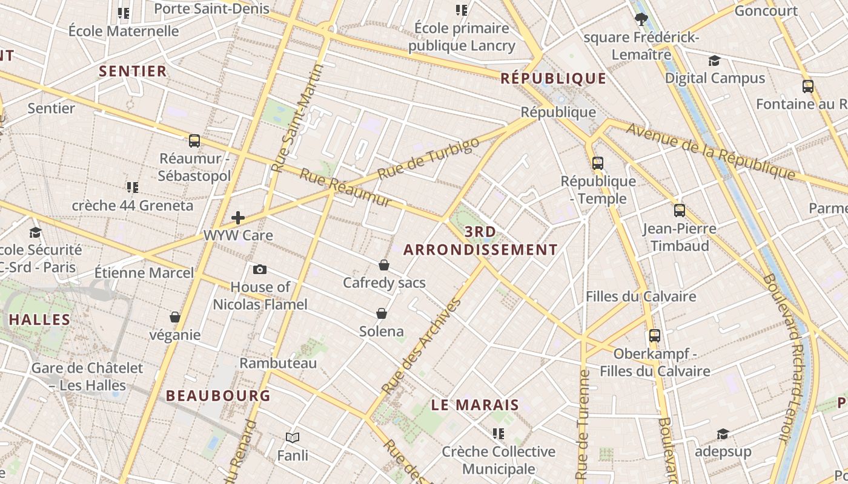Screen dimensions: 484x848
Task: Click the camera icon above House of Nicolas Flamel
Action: (260, 269)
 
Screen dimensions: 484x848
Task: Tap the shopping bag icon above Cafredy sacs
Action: (384, 265)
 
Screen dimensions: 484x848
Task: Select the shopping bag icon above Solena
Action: (382, 313)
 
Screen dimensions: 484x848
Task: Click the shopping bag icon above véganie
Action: (175, 317)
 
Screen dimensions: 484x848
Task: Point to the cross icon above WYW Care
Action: (238, 218)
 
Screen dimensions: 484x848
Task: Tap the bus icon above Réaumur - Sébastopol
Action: (194, 141)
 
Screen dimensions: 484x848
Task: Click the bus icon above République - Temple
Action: (598, 163)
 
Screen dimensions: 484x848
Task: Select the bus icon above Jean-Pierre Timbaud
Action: (680, 211)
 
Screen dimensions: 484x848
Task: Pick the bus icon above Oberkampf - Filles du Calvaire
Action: (655, 336)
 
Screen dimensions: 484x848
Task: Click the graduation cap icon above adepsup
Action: (723, 434)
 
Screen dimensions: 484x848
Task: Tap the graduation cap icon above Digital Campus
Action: (715, 60)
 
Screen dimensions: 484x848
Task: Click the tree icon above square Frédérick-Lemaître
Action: (641, 19)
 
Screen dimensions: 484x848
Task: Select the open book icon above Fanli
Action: (293, 437)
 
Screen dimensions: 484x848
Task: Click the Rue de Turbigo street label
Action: (428, 158)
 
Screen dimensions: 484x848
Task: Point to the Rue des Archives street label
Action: (422, 346)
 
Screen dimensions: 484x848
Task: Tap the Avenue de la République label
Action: (710, 151)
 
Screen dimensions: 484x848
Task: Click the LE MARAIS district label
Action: (475, 405)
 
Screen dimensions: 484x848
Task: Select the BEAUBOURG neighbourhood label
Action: (218, 396)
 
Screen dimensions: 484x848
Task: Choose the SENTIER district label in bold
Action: (133, 71)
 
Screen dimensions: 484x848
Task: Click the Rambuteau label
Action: (279, 363)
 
